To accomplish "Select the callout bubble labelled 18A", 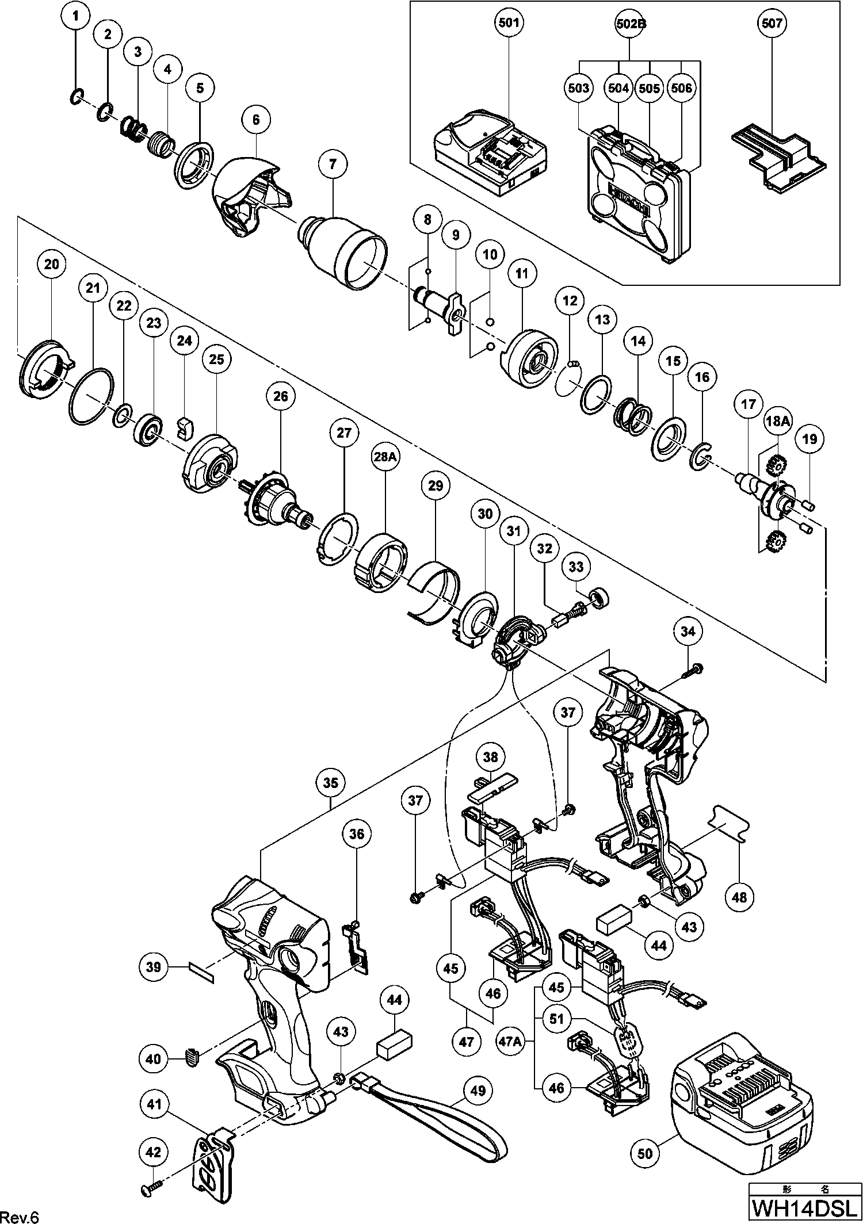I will (x=777, y=421).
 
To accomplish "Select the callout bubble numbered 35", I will (x=331, y=783).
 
